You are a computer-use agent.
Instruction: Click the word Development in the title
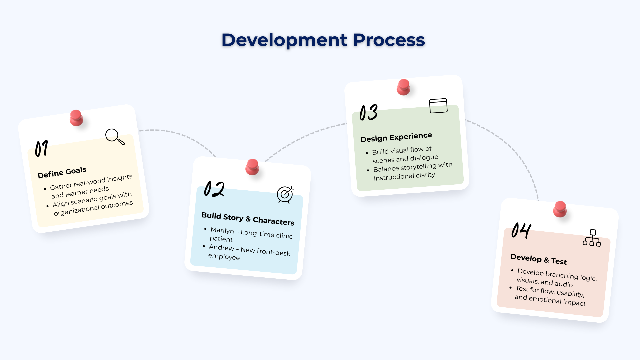point(284,40)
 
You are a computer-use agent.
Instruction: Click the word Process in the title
point(389,40)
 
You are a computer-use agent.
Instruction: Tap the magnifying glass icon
point(114,136)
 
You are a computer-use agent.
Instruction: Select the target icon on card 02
point(285,194)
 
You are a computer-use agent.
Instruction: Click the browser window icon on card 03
point(438,106)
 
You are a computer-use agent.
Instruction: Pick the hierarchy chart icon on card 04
point(592,238)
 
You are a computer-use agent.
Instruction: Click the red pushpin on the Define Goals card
point(76,118)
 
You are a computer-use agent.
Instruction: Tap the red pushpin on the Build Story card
point(252,167)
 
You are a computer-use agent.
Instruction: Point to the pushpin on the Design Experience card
point(403,87)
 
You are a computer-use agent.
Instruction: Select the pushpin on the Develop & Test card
point(560,209)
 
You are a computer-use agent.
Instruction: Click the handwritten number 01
point(42,148)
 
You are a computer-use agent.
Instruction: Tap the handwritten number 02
point(214,189)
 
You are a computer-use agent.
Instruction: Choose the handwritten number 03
point(369,113)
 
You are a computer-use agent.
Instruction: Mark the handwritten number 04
point(521,230)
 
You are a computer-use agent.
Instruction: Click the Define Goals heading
point(62,172)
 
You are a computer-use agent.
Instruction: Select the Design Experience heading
point(396,137)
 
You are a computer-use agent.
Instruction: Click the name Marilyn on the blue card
point(222,230)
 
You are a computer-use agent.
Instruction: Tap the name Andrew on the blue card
point(221,247)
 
